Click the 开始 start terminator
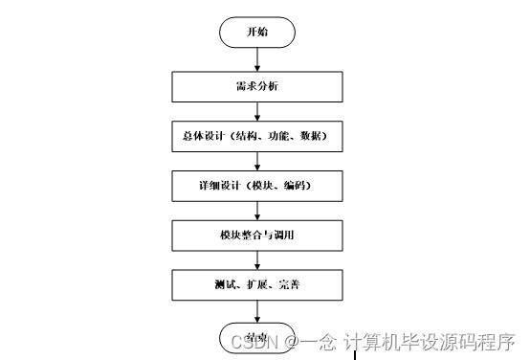click(258, 32)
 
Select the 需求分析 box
click(258, 87)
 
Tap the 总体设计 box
click(258, 137)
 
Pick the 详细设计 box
click(258, 186)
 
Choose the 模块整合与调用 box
click(258, 235)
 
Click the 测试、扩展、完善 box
click(258, 284)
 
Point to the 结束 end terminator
click(256, 337)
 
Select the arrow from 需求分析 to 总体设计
click(258, 112)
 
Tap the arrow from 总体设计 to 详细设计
click(258, 161)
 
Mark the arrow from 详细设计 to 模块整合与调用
click(258, 211)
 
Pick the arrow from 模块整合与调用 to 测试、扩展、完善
click(258, 259)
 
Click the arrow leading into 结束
click(258, 311)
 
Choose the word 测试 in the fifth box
click(224, 284)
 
